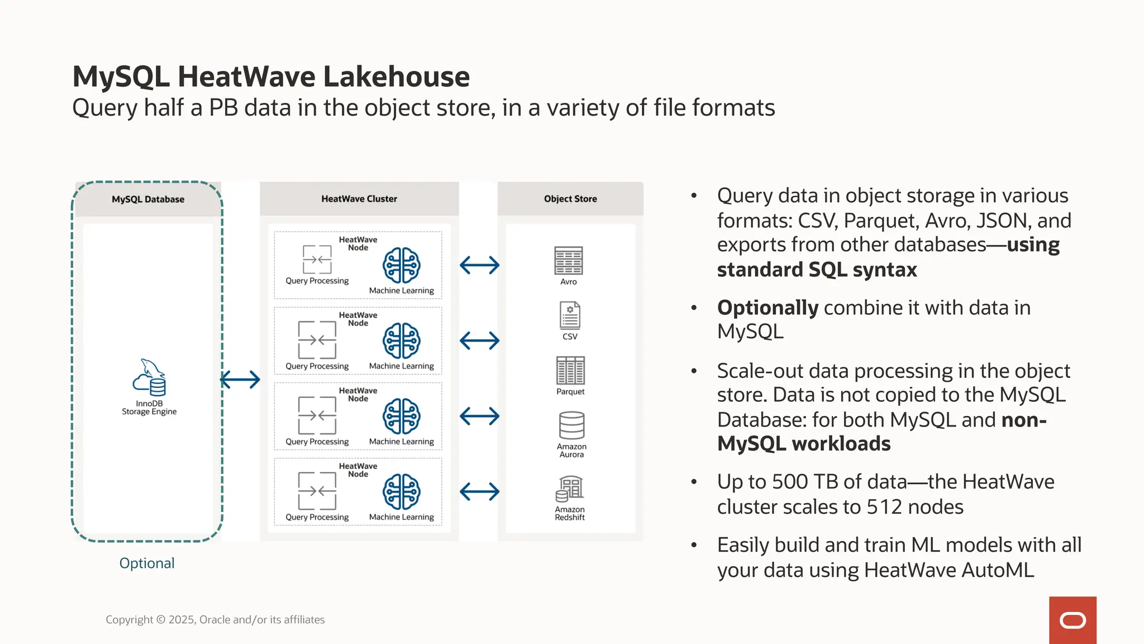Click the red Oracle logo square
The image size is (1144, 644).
tap(1072, 620)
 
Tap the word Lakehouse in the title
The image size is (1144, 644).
tap(396, 77)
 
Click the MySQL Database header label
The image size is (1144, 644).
tap(148, 200)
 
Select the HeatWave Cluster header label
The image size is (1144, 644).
tap(359, 199)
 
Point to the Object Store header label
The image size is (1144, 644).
tap(570, 199)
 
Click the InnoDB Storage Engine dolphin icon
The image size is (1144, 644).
tap(149, 377)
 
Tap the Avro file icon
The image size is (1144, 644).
tap(568, 261)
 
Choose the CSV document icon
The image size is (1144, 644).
tap(570, 315)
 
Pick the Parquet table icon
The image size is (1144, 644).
tap(570, 370)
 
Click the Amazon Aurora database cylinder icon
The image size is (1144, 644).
tap(571, 425)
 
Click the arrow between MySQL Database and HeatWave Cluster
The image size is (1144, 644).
tap(240, 380)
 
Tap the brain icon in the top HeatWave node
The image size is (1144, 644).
tap(401, 265)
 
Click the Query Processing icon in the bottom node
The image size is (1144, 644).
tap(317, 491)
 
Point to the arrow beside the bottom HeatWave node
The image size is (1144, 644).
tap(479, 491)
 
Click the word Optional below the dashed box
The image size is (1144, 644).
tap(147, 563)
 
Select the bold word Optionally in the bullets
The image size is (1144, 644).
tap(768, 308)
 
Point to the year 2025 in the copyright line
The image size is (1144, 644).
tap(181, 619)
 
